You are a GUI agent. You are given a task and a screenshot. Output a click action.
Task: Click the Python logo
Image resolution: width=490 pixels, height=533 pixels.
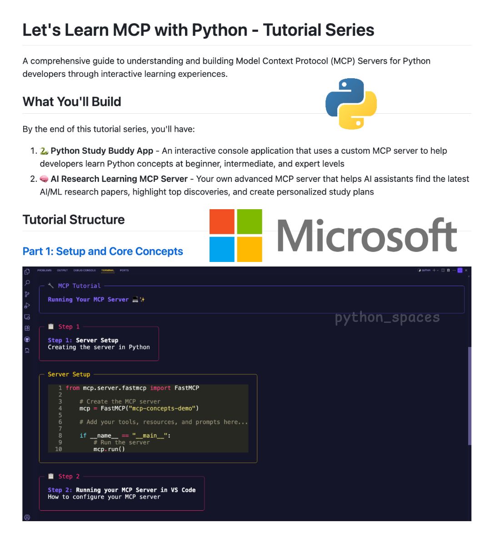pos(351,104)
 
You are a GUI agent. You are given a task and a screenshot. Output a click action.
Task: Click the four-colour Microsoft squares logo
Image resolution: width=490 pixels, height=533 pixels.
pos(235,235)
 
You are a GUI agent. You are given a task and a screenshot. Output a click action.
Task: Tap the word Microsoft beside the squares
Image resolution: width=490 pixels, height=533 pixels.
pos(366,236)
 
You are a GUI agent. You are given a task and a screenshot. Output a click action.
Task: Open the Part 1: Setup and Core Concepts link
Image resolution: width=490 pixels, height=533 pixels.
pos(103,251)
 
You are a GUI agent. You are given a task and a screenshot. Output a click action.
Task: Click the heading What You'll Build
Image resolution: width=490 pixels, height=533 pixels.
pos(72,101)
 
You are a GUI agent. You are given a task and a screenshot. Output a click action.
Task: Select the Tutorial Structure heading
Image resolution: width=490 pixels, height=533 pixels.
pos(74,220)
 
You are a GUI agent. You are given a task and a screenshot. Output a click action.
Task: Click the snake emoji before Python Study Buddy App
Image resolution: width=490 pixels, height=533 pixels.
pos(44,151)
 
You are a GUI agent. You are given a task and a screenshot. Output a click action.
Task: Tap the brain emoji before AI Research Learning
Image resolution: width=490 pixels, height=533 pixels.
pos(44,179)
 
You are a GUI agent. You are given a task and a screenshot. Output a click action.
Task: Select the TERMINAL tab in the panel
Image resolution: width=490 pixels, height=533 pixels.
pos(108,271)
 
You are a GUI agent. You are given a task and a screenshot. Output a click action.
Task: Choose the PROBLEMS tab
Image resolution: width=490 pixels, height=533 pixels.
pos(45,271)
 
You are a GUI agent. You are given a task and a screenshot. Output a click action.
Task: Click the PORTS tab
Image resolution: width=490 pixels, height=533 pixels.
pos(124,271)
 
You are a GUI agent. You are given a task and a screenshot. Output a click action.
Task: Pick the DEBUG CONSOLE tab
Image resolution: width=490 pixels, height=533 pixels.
pos(85,271)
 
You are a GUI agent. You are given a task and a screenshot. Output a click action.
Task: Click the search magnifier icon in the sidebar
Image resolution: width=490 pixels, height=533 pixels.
pos(27,283)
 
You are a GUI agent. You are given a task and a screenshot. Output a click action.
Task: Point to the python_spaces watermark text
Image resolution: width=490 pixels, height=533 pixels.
pos(387,317)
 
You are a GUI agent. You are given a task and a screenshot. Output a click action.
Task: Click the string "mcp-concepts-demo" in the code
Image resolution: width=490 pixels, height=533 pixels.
pos(162,408)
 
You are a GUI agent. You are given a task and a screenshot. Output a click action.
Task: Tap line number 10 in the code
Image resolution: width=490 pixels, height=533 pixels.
pos(58,449)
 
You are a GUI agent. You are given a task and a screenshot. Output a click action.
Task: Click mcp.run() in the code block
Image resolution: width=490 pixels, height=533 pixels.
pos(109,449)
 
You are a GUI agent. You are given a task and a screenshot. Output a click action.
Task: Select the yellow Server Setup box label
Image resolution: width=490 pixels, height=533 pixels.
pos(69,374)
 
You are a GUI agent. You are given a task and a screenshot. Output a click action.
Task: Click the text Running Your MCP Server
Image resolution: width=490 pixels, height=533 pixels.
pos(88,300)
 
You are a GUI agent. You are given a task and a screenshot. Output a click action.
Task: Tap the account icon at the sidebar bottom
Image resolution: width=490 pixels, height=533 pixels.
pos(27,517)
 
